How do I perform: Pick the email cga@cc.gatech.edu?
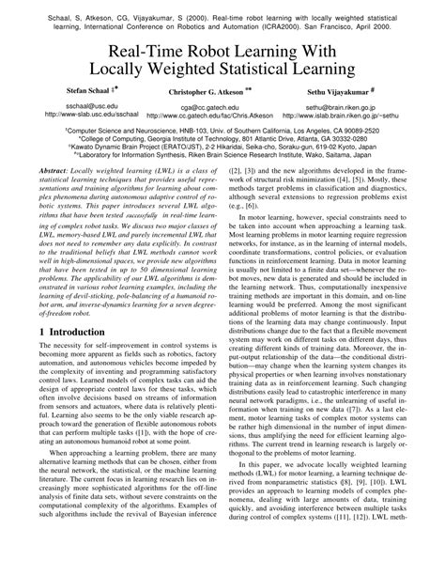206,133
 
